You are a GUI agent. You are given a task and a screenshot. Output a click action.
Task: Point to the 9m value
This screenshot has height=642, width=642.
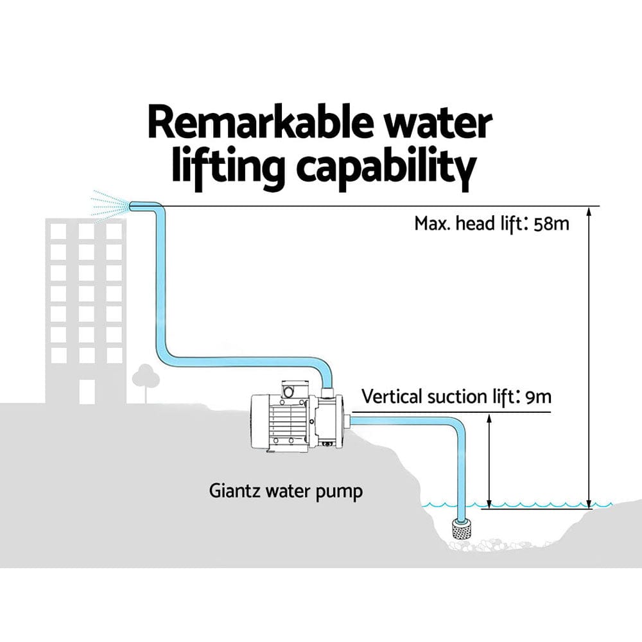[538, 396]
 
